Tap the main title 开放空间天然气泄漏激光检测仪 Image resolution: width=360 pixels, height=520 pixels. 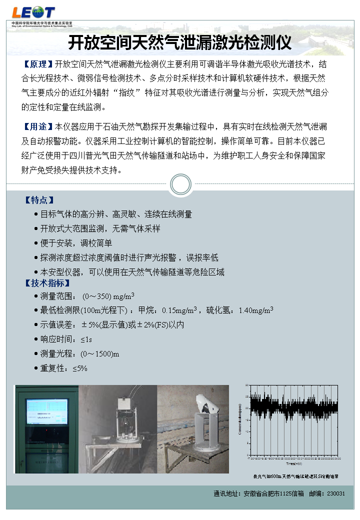[179, 43]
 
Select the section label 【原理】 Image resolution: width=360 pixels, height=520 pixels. [37, 64]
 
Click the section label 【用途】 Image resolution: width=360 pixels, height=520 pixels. [37, 126]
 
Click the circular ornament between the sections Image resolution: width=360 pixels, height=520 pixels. [180, 185]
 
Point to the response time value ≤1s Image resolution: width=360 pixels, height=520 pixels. [86, 339]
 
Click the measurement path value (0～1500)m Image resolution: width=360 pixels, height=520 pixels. [99, 354]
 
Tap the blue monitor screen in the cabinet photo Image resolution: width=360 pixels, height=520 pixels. [46, 411]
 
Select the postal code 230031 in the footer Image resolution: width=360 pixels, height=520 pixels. [336, 493]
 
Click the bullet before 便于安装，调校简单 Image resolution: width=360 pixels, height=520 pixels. [36, 243]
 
